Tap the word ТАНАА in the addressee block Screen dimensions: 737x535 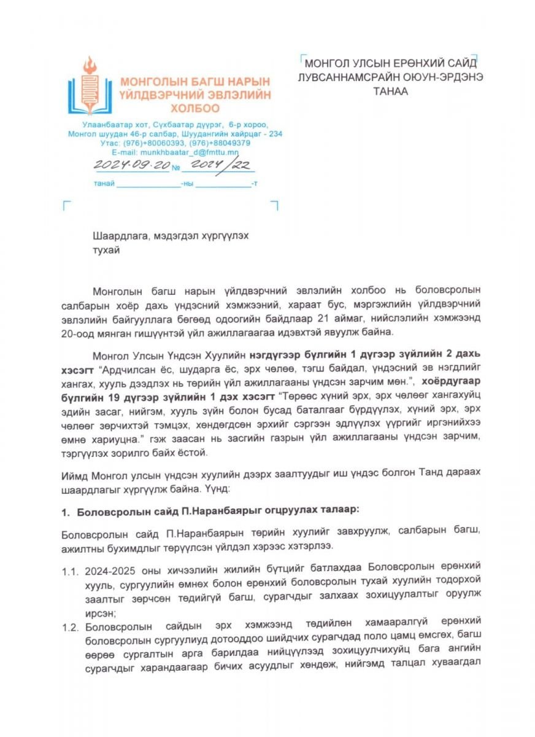pos(390,91)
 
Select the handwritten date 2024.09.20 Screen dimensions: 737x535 pos(129,165)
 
